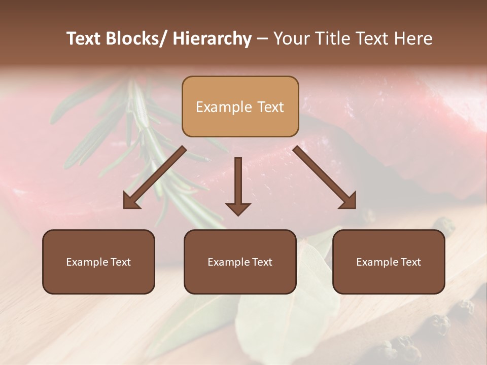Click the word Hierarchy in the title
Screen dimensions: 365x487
212,39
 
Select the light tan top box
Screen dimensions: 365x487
240,106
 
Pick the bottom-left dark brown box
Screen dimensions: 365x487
98,262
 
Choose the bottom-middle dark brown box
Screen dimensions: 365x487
240,262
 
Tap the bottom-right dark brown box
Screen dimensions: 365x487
389,262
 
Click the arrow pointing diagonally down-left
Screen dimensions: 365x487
155,177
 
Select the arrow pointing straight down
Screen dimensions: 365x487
238,185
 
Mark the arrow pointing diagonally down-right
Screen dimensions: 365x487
325,177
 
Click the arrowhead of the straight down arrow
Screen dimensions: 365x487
238,208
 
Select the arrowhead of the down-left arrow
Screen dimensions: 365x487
130,202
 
